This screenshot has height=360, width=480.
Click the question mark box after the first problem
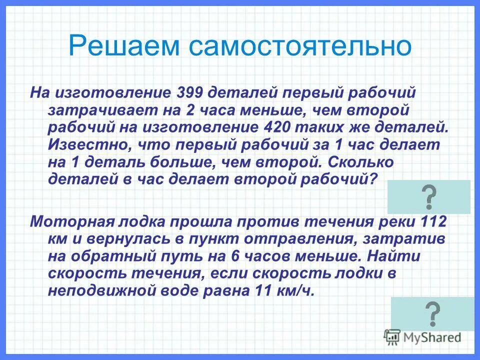[x=428, y=197]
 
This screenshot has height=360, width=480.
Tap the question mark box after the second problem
[x=431, y=313]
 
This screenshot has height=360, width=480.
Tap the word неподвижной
[x=97, y=291]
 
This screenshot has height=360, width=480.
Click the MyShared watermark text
[x=430, y=337]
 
